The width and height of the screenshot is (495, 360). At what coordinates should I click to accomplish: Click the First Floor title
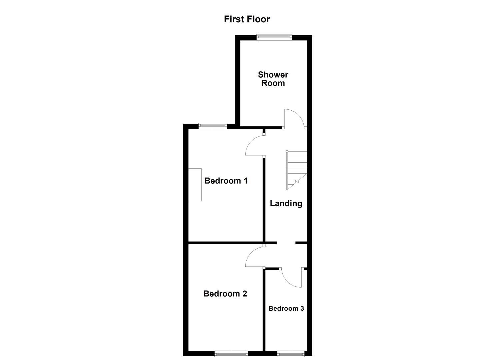click(x=247, y=19)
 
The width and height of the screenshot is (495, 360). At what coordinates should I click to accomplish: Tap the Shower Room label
click(x=273, y=79)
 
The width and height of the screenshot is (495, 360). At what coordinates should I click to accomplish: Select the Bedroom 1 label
click(x=226, y=181)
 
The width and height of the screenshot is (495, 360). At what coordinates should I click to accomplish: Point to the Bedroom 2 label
click(x=225, y=294)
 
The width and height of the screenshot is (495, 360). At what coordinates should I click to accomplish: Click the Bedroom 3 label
click(x=286, y=308)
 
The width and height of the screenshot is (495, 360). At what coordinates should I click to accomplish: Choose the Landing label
click(x=286, y=203)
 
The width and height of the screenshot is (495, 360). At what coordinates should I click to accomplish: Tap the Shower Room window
click(x=274, y=37)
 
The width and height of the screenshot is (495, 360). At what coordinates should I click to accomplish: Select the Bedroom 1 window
click(x=213, y=126)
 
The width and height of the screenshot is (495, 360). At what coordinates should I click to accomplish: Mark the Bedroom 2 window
click(x=231, y=353)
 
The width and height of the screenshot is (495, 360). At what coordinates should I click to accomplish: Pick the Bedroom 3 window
click(x=290, y=353)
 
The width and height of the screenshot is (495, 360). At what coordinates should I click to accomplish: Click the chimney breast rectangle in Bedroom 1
click(x=195, y=185)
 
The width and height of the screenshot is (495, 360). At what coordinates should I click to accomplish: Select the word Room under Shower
click(x=273, y=83)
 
